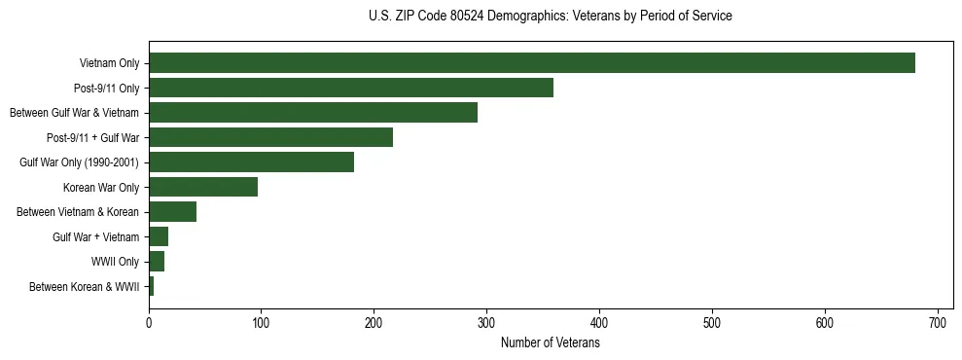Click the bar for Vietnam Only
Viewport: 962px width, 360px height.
coord(531,63)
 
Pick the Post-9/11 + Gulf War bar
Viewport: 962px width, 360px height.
coord(270,137)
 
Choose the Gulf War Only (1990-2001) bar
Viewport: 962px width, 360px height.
coord(251,162)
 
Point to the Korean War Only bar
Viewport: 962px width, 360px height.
coord(203,187)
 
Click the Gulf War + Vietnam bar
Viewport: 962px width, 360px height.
coord(159,236)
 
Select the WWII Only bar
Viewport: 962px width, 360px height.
coord(157,262)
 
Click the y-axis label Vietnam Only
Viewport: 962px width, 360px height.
coord(109,64)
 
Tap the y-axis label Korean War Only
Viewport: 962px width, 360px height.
coord(101,188)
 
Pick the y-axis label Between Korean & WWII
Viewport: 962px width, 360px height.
coord(84,287)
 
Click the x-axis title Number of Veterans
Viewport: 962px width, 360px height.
coord(550,342)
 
